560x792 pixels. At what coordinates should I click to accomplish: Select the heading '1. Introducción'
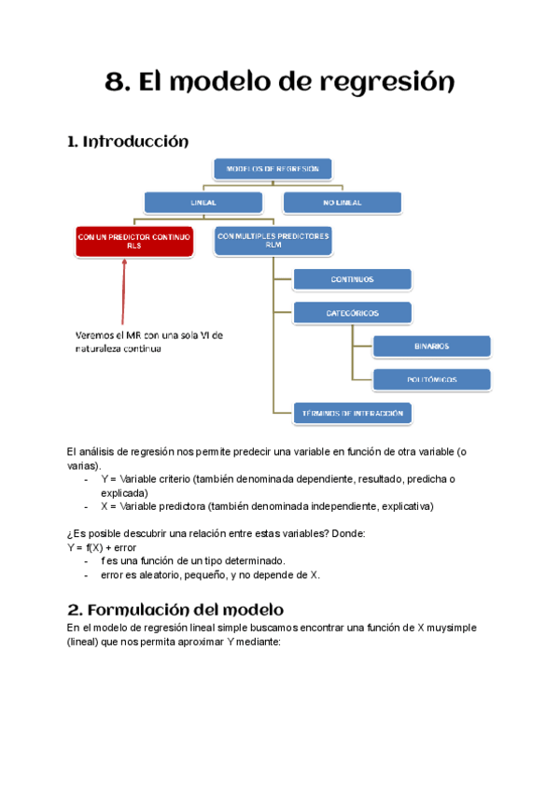point(128,142)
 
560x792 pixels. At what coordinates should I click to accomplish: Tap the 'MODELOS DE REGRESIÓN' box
point(273,170)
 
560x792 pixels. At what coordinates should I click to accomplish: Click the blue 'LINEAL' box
point(203,202)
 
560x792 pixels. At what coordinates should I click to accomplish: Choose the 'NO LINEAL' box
point(342,202)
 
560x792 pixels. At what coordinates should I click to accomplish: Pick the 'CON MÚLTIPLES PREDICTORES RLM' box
point(273,241)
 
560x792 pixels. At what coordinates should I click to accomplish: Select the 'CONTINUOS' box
point(352,279)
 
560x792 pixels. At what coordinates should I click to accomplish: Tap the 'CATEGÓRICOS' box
point(352,313)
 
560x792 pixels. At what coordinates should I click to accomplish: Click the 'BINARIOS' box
point(431,346)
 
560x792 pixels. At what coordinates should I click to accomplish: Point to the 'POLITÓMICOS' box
point(431,379)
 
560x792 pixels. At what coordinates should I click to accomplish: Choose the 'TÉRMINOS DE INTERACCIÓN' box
point(352,413)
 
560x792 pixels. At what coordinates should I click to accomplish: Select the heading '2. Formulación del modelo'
point(175,609)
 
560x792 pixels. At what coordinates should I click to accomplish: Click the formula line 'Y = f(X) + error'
point(102,546)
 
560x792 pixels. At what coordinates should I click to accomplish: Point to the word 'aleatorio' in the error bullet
point(159,574)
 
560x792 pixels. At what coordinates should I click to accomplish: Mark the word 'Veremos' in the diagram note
point(96,334)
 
